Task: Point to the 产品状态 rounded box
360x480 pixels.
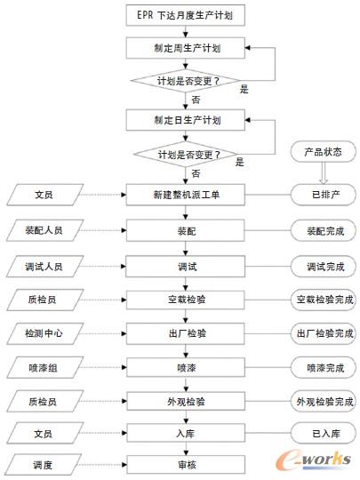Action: [323, 151]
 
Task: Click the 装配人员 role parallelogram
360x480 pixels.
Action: [44, 229]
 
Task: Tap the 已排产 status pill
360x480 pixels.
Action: [323, 193]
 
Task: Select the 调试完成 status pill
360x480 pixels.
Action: [323, 266]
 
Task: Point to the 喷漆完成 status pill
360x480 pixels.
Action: [323, 366]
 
